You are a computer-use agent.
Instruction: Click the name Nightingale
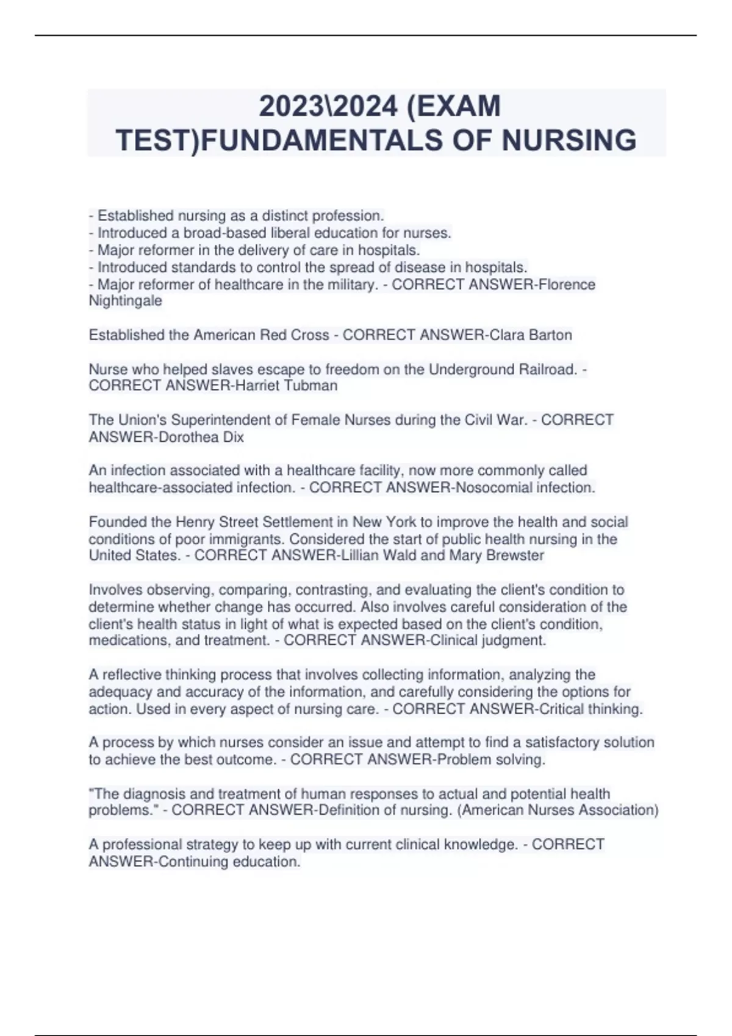coord(126,301)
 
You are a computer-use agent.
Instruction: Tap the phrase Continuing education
coord(229,862)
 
